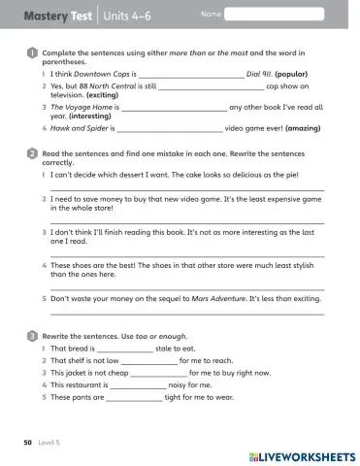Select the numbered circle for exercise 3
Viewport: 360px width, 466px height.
pyautogui.click(x=32, y=334)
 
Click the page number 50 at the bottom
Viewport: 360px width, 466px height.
pyautogui.click(x=29, y=443)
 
